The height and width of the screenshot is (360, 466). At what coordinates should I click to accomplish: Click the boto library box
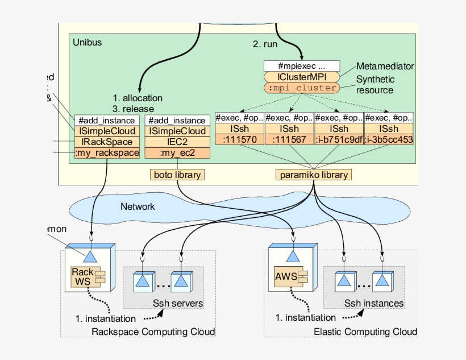click(177, 175)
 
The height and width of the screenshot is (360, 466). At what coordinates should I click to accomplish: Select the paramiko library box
click(313, 175)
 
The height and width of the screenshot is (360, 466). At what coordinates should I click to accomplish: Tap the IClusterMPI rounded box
click(301, 77)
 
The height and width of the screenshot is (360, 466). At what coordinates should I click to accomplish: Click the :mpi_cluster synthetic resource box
click(301, 88)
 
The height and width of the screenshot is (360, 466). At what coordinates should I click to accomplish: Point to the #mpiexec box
click(301, 66)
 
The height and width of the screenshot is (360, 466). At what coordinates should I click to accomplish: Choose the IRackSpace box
click(107, 142)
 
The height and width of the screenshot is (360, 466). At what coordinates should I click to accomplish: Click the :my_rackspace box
click(107, 153)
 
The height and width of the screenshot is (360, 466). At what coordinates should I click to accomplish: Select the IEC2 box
click(177, 142)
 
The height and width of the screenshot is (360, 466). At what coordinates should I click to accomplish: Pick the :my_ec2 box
click(177, 153)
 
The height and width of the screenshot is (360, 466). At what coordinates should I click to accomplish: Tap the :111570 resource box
click(239, 140)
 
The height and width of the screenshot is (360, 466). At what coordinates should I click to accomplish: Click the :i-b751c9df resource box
click(339, 140)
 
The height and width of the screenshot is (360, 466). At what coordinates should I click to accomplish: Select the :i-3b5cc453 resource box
click(389, 140)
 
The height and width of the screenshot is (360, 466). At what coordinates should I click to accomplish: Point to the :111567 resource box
click(289, 140)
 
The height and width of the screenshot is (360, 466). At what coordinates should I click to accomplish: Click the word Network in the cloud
click(137, 206)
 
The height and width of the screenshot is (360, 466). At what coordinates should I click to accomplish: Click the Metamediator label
click(385, 67)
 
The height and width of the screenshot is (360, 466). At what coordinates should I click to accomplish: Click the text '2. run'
click(265, 44)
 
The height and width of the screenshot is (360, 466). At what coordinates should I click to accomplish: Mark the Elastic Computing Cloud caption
click(365, 332)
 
